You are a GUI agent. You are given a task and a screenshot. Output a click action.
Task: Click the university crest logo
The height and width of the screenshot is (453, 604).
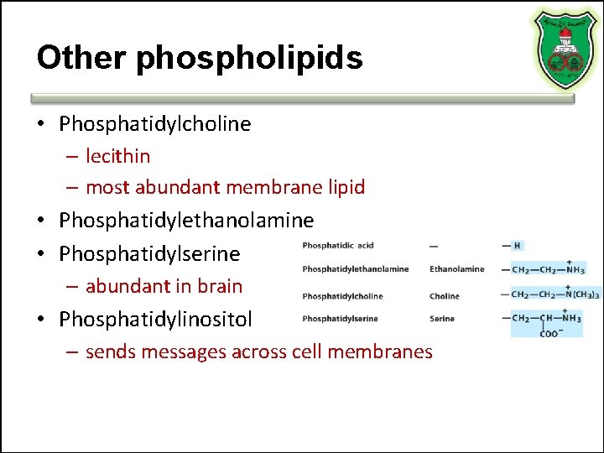coord(564,50)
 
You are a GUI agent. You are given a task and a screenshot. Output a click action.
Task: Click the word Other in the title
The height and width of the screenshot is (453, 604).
coord(80,57)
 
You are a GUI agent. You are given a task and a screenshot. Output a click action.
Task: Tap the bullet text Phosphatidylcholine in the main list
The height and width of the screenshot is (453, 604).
coord(155,124)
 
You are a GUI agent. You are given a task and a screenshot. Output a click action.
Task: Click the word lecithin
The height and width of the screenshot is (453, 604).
coord(118,156)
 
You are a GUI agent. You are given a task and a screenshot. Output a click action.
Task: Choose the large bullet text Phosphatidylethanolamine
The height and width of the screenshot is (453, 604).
coord(186,221)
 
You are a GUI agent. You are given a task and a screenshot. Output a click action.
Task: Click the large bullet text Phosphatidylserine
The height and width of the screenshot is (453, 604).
coord(149,253)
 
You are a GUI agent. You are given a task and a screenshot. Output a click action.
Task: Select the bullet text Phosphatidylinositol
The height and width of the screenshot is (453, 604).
coord(155,319)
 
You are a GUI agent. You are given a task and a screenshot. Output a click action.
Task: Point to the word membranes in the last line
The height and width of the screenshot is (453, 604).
coord(386,351)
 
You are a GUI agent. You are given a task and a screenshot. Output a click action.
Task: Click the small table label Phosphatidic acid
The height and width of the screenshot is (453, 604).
coord(338,246)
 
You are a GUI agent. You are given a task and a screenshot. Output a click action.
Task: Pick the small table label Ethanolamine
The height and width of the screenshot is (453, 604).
coord(456,269)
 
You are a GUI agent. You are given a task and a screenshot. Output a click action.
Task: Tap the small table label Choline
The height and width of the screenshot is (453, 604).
coord(444,296)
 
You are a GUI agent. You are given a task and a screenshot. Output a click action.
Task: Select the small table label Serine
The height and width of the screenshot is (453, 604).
coord(441,319)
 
